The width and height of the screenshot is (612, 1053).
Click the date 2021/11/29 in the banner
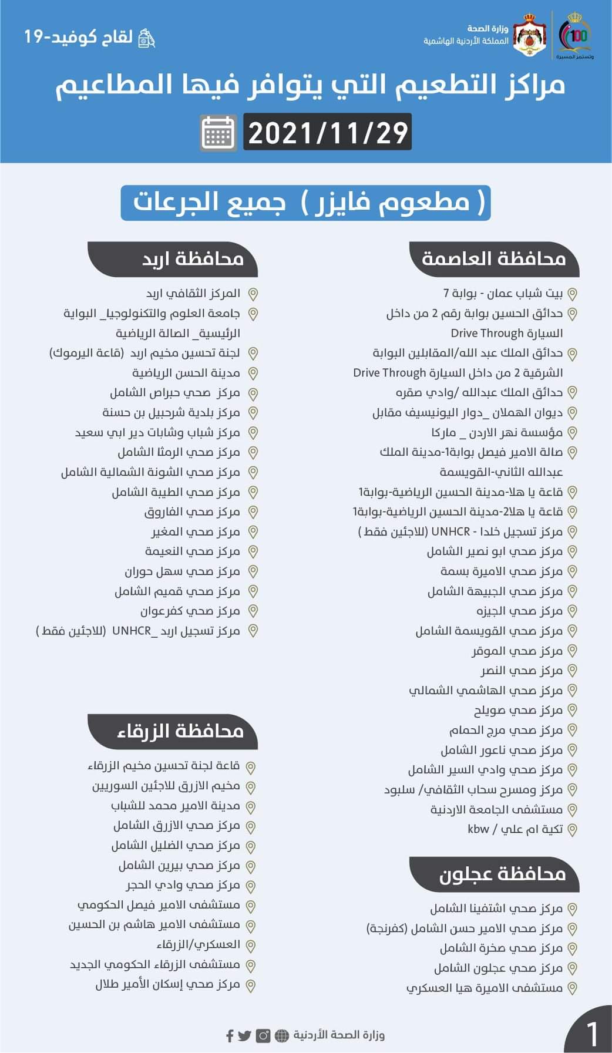328,132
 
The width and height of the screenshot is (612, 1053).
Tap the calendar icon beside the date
218,133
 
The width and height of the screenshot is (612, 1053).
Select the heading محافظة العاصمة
493,258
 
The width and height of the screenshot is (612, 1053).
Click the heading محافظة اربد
193,258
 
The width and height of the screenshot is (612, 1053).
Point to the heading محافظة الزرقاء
180,731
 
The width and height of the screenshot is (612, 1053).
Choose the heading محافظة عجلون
502,874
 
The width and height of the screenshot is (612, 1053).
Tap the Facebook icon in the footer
230,1035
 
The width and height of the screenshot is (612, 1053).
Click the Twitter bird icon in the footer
244,1035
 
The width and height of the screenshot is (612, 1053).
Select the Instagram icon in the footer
263,1035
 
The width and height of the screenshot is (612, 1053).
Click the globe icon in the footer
283,1035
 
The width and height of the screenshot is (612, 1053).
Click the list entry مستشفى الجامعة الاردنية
496,810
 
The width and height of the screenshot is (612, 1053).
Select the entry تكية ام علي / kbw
515,829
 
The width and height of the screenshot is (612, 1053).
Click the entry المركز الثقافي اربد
193,293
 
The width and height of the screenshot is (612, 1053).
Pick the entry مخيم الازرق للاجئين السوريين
166,786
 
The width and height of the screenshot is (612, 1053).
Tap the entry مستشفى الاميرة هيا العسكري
485,988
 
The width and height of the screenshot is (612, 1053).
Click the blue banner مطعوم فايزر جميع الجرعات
305,203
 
